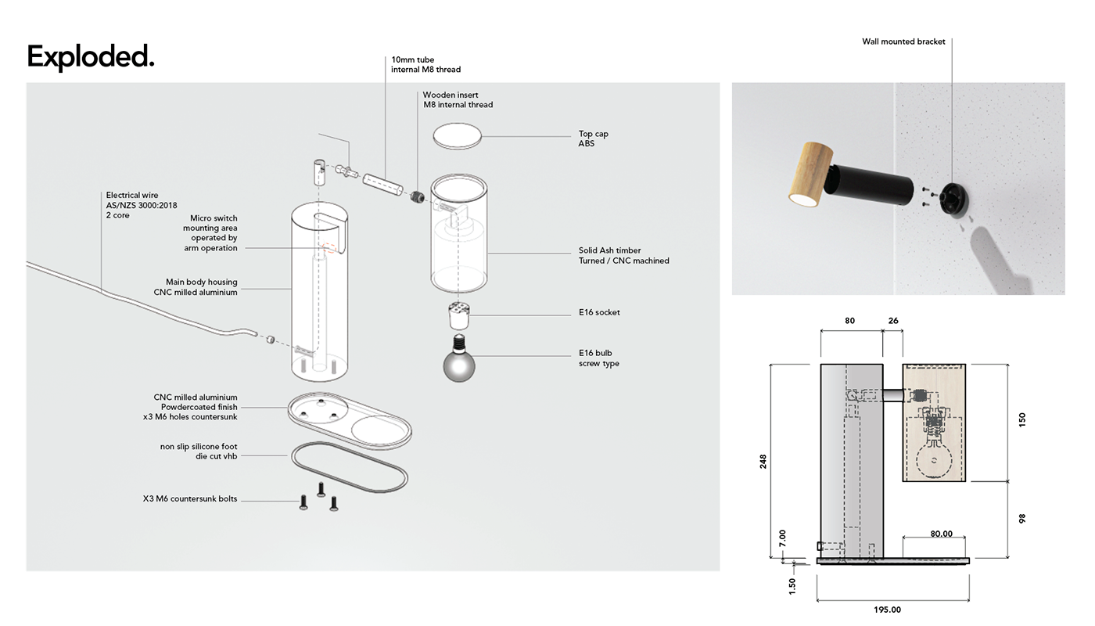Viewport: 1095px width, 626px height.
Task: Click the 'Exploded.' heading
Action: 91,57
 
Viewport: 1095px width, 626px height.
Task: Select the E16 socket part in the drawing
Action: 458,316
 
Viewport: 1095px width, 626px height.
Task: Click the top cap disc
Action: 458,135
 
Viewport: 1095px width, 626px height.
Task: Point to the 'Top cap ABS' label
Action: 593,139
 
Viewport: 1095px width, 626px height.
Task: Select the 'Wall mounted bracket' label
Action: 903,41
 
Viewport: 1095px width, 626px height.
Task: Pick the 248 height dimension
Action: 763,461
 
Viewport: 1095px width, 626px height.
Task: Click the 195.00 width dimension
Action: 888,610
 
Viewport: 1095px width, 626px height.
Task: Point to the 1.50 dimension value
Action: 792,585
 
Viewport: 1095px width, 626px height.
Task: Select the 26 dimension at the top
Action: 893,321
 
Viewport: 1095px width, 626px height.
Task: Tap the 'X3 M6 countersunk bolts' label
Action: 190,498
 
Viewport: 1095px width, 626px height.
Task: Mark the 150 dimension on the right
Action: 1021,419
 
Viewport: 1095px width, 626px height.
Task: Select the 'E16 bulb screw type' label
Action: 598,358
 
